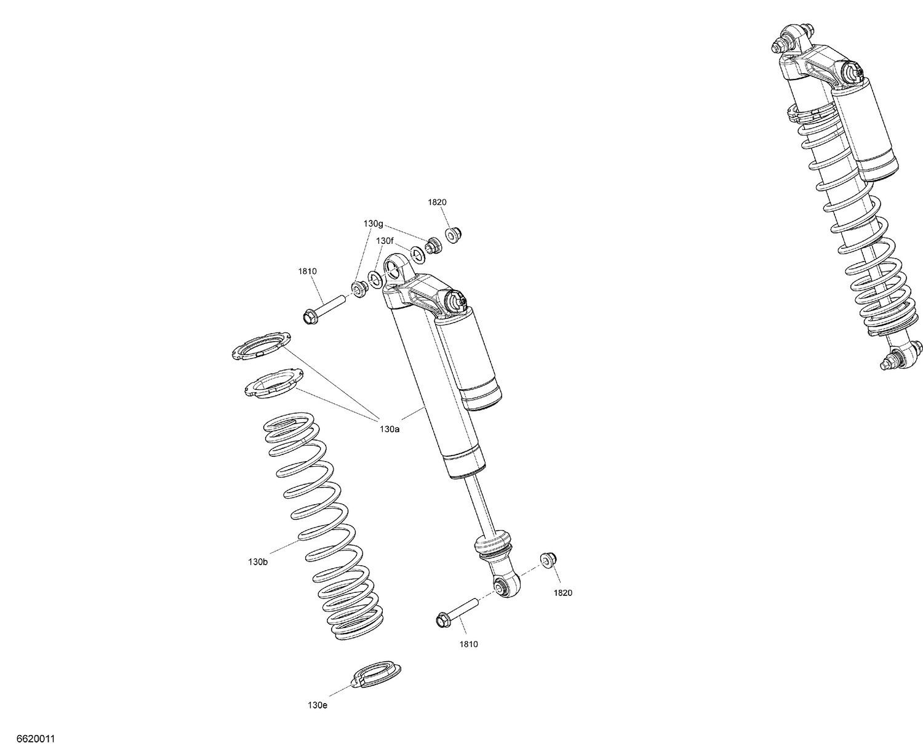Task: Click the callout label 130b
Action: tap(258, 562)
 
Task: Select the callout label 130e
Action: tap(318, 705)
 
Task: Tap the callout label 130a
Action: tap(390, 429)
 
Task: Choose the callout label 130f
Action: tap(385, 240)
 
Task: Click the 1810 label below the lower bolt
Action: tap(468, 644)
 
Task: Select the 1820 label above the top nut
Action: tap(437, 202)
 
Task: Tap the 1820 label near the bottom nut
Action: tap(562, 593)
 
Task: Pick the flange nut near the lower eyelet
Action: tap(546, 559)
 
